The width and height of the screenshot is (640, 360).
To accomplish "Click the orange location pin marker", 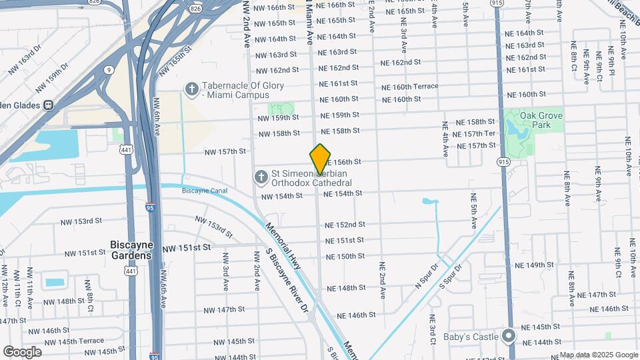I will click(x=321, y=158).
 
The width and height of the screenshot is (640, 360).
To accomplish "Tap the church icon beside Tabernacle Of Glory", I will click(x=192, y=89).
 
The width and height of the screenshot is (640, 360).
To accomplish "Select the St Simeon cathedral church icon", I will click(x=261, y=177).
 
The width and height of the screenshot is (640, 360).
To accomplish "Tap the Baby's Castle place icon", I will click(x=510, y=335).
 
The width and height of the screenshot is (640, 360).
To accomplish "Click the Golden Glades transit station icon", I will click(x=49, y=105).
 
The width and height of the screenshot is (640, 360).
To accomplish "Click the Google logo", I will click(x=22, y=352).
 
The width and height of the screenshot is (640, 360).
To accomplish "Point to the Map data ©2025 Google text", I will click(x=599, y=355).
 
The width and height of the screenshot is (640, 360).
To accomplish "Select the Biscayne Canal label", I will click(x=205, y=191).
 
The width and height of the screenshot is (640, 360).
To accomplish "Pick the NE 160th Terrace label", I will click(x=409, y=87).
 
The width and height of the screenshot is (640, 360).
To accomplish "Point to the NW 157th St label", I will click(x=225, y=152).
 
